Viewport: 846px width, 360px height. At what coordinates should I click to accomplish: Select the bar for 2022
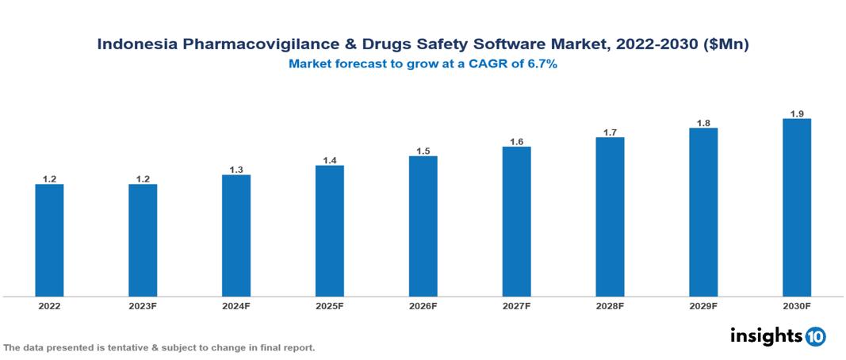(49, 240)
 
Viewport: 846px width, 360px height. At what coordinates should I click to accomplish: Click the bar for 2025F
(329, 231)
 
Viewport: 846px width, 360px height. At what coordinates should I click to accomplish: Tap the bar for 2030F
(797, 208)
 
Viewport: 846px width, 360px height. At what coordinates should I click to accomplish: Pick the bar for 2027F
(516, 221)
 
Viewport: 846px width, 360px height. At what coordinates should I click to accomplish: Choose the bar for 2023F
(143, 240)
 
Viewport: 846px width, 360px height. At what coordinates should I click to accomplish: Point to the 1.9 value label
(797, 113)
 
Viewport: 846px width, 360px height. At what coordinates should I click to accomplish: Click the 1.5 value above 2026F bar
(423, 151)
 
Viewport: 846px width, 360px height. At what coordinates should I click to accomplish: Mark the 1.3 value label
(236, 170)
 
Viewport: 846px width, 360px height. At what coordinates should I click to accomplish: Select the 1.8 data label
(703, 123)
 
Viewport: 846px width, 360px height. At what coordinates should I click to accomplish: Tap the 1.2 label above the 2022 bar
(49, 179)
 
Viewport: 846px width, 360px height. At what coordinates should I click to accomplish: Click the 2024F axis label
(236, 305)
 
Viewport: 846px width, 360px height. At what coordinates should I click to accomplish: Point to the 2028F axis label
(610, 305)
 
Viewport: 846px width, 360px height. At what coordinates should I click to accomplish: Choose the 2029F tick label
(703, 305)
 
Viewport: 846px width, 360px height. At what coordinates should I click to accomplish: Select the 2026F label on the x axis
(423, 305)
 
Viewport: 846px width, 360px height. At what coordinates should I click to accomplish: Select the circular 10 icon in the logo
(815, 337)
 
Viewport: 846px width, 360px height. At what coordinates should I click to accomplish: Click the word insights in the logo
(766, 336)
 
